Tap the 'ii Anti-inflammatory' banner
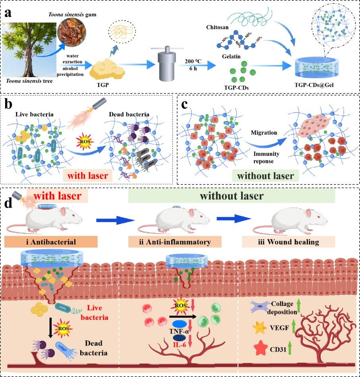click(x=170, y=241)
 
